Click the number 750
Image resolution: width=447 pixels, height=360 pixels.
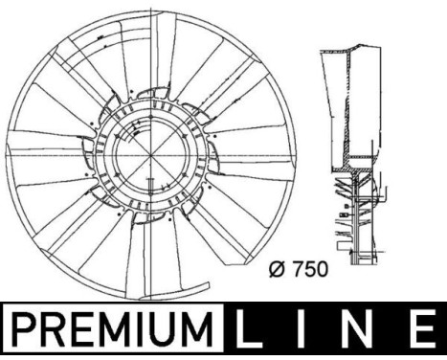(x=309, y=269)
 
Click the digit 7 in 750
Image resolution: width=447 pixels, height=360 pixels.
(x=295, y=269)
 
